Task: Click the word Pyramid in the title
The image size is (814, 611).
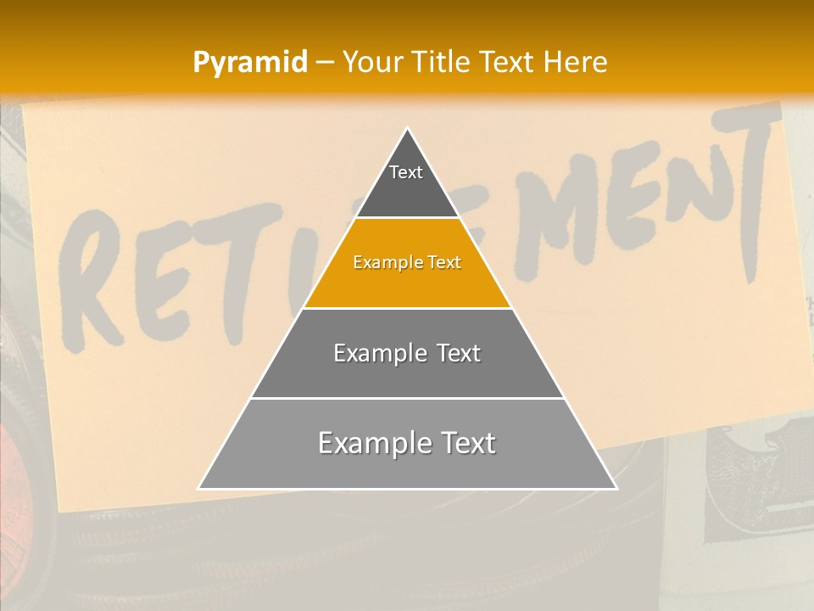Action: point(250,63)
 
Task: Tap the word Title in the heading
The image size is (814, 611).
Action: point(441,62)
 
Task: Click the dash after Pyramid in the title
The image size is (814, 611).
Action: point(325,63)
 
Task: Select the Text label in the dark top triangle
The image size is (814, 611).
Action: point(406,172)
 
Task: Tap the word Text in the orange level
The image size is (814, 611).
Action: point(444,263)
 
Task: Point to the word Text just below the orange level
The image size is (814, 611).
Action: point(458,354)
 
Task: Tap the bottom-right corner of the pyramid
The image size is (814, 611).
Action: point(616,488)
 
